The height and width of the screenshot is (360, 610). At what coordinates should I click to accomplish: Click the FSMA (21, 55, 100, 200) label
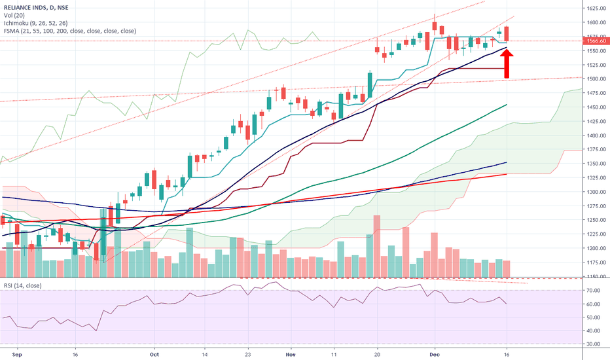coord(69,30)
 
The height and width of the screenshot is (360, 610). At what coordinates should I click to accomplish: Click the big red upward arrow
coord(507,63)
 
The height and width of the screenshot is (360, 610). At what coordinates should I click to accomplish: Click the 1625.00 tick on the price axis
coord(595,9)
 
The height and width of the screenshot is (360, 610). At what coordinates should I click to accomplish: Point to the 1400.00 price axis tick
coord(595,135)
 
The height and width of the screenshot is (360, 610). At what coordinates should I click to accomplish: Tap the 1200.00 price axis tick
coord(595,249)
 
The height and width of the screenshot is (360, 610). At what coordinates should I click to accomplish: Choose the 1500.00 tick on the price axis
coord(595,79)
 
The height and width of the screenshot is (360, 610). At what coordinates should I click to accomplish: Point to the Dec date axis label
coord(434,353)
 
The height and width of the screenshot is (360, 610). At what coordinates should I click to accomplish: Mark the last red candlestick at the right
coord(507,33)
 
